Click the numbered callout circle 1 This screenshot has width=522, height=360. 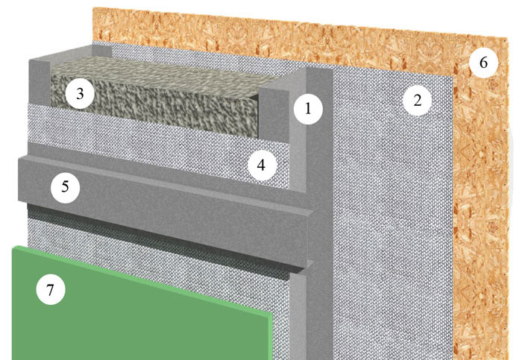pos(308,109)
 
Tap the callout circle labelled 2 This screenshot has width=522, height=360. pos(417,100)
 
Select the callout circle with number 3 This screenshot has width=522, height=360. pos(80,94)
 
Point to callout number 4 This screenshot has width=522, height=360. pos(261,165)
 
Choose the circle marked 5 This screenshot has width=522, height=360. pos(66,187)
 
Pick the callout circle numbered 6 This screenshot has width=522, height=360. pos(484,63)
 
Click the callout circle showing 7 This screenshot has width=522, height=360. pos(50,290)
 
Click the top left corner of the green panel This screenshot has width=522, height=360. pos(13,247)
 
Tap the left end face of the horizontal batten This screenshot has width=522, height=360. pos(22,180)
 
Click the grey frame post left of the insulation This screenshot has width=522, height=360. pos(40,81)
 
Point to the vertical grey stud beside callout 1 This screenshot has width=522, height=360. pos(320,213)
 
